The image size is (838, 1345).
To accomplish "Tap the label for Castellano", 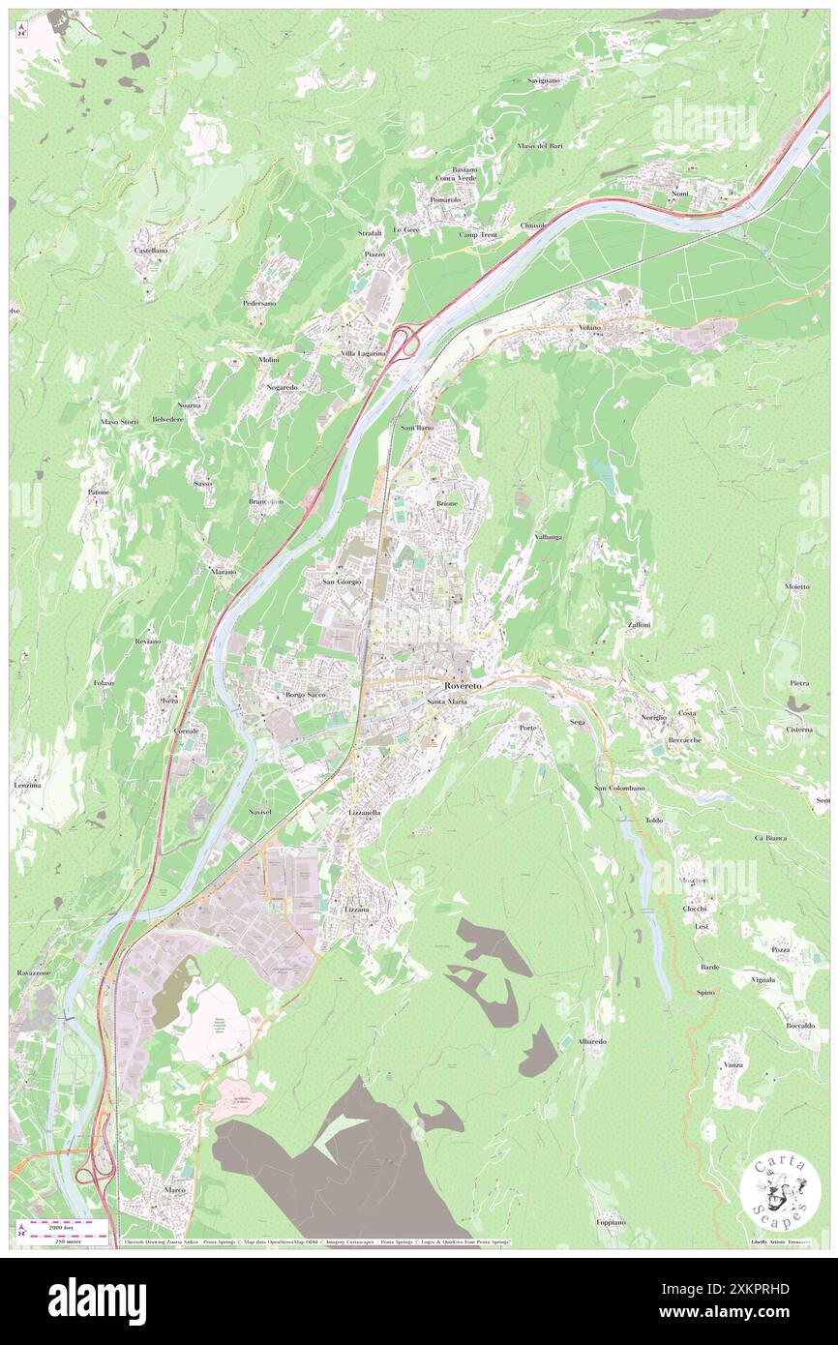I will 150,251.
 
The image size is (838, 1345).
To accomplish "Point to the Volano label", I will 590,328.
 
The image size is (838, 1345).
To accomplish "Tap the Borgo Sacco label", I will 306,695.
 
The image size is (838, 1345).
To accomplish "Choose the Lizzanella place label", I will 364,814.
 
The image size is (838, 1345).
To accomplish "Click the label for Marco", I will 175,1189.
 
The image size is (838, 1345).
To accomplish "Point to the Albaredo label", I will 592,1041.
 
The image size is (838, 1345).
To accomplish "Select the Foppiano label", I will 611,1222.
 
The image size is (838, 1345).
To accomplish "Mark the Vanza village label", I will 733,1065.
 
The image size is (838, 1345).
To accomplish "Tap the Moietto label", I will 796,587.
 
